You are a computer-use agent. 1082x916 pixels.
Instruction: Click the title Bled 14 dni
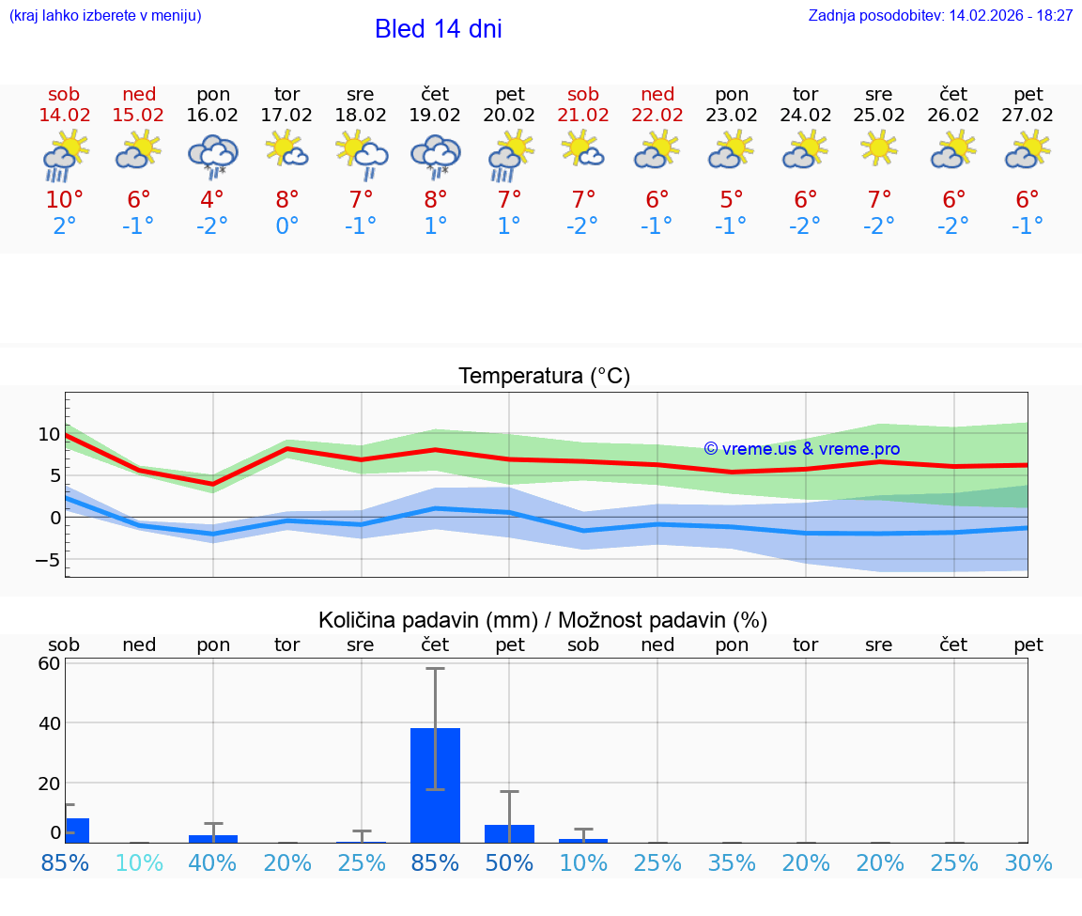pyautogui.click(x=438, y=29)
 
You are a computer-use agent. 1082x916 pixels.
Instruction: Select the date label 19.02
pyautogui.click(x=435, y=116)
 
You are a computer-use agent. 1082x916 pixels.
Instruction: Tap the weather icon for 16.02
pyautogui.click(x=212, y=155)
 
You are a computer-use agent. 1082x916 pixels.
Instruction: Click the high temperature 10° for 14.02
pyautogui.click(x=64, y=200)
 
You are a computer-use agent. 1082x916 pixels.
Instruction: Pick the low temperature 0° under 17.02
pyautogui.click(x=286, y=226)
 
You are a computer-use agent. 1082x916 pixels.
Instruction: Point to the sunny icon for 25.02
pyautogui.click(x=880, y=147)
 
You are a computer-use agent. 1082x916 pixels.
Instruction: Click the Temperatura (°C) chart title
pyautogui.click(x=544, y=377)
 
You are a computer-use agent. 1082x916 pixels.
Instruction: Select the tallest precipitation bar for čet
pyautogui.click(x=435, y=784)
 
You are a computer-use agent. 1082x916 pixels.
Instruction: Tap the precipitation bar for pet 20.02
pyautogui.click(x=509, y=833)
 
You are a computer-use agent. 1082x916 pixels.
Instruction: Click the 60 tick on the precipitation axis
pyautogui.click(x=49, y=663)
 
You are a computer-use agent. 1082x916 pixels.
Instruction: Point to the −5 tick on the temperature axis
pyautogui.click(x=45, y=560)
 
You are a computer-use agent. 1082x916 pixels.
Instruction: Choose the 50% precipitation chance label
pyautogui.click(x=509, y=863)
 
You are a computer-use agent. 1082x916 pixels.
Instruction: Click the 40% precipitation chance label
pyautogui.click(x=212, y=863)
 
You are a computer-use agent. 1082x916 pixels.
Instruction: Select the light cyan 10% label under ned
pyautogui.click(x=139, y=863)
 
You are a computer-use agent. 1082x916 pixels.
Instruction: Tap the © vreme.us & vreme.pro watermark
pyautogui.click(x=801, y=449)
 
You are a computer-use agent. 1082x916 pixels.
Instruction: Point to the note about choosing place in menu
pyautogui.click(x=105, y=16)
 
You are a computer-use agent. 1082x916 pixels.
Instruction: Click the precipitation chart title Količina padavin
pyautogui.click(x=542, y=620)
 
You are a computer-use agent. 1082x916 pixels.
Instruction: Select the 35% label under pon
pyautogui.click(x=732, y=863)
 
